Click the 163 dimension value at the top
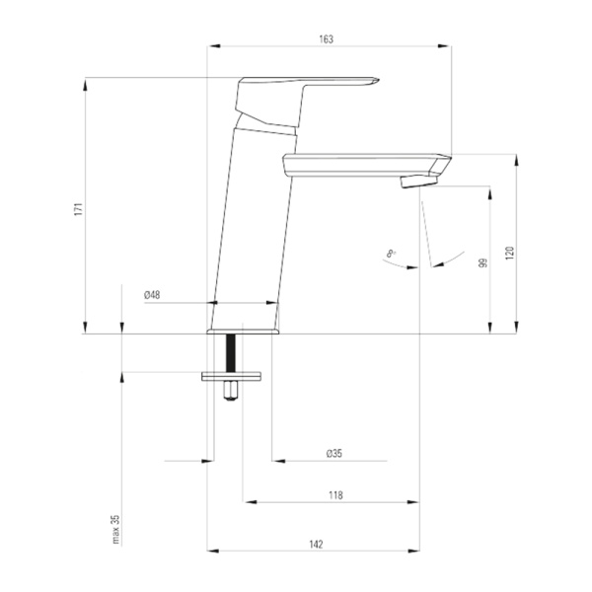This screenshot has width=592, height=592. (327, 39)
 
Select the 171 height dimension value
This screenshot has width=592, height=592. (78, 209)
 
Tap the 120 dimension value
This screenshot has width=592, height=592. (510, 253)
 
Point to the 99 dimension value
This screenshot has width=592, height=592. (482, 262)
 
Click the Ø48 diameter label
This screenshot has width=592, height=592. (152, 295)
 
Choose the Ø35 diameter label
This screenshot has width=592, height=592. (334, 453)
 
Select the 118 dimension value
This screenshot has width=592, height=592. (335, 495)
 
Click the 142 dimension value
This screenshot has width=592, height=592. (316, 545)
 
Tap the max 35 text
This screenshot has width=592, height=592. (115, 529)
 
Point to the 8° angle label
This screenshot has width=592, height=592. (391, 254)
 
